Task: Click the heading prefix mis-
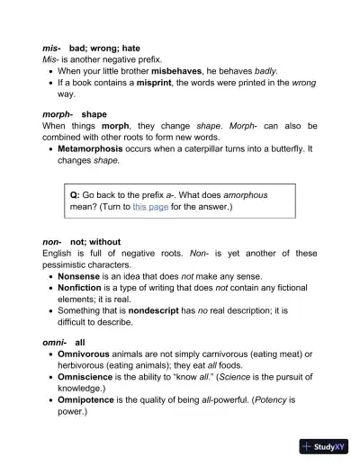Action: click(51, 46)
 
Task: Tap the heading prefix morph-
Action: click(58, 114)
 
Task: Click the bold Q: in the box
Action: click(76, 194)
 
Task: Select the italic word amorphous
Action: click(241, 194)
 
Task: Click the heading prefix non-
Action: click(53, 242)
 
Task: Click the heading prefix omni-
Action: click(55, 343)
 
